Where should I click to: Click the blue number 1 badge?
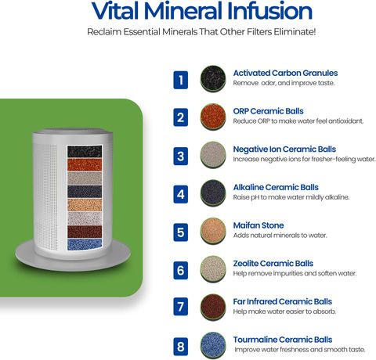181,80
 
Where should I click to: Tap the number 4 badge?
181,194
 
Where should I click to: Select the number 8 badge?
181,347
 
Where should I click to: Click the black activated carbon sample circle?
213,78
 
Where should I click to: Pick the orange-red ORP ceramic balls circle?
213,117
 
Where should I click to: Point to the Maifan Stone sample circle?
213,231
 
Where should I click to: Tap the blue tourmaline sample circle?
213,345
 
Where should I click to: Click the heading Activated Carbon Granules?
285,73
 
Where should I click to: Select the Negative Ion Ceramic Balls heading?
284,149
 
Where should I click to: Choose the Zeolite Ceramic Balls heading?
273,264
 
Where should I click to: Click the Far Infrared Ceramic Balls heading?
283,301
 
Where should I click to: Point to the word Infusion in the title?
269,11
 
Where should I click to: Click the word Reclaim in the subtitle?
103,32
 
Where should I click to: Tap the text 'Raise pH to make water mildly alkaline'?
291,197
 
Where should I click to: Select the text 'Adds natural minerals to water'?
280,236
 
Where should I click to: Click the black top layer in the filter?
85,152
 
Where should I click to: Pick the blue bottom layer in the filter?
85,244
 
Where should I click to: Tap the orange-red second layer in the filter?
85,165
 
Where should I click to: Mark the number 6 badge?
181,271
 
